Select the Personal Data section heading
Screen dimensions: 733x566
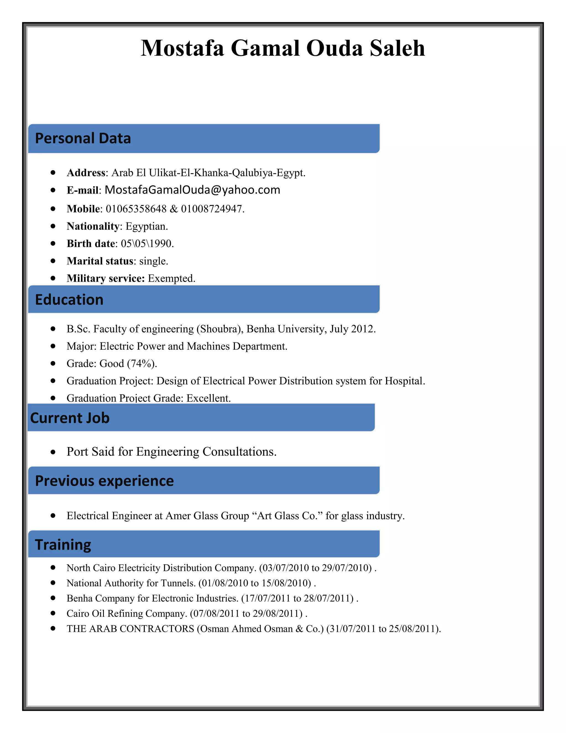pyautogui.click(x=83, y=138)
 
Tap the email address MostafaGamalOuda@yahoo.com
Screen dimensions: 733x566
pyautogui.click(x=192, y=190)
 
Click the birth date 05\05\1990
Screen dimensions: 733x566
pyautogui.click(x=146, y=244)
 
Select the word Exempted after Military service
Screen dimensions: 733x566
pyautogui.click(x=171, y=278)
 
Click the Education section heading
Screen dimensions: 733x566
pyautogui.click(x=69, y=300)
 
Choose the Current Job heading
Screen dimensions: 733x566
pyautogui.click(x=70, y=418)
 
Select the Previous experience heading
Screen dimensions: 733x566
pyautogui.click(x=104, y=481)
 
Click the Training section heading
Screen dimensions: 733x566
pyautogui.click(x=63, y=544)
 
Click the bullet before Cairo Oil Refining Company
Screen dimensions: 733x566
pyautogui.click(x=53, y=613)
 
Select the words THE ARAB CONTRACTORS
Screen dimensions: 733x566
pyautogui.click(x=130, y=629)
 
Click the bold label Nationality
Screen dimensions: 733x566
pyautogui.click(x=93, y=226)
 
